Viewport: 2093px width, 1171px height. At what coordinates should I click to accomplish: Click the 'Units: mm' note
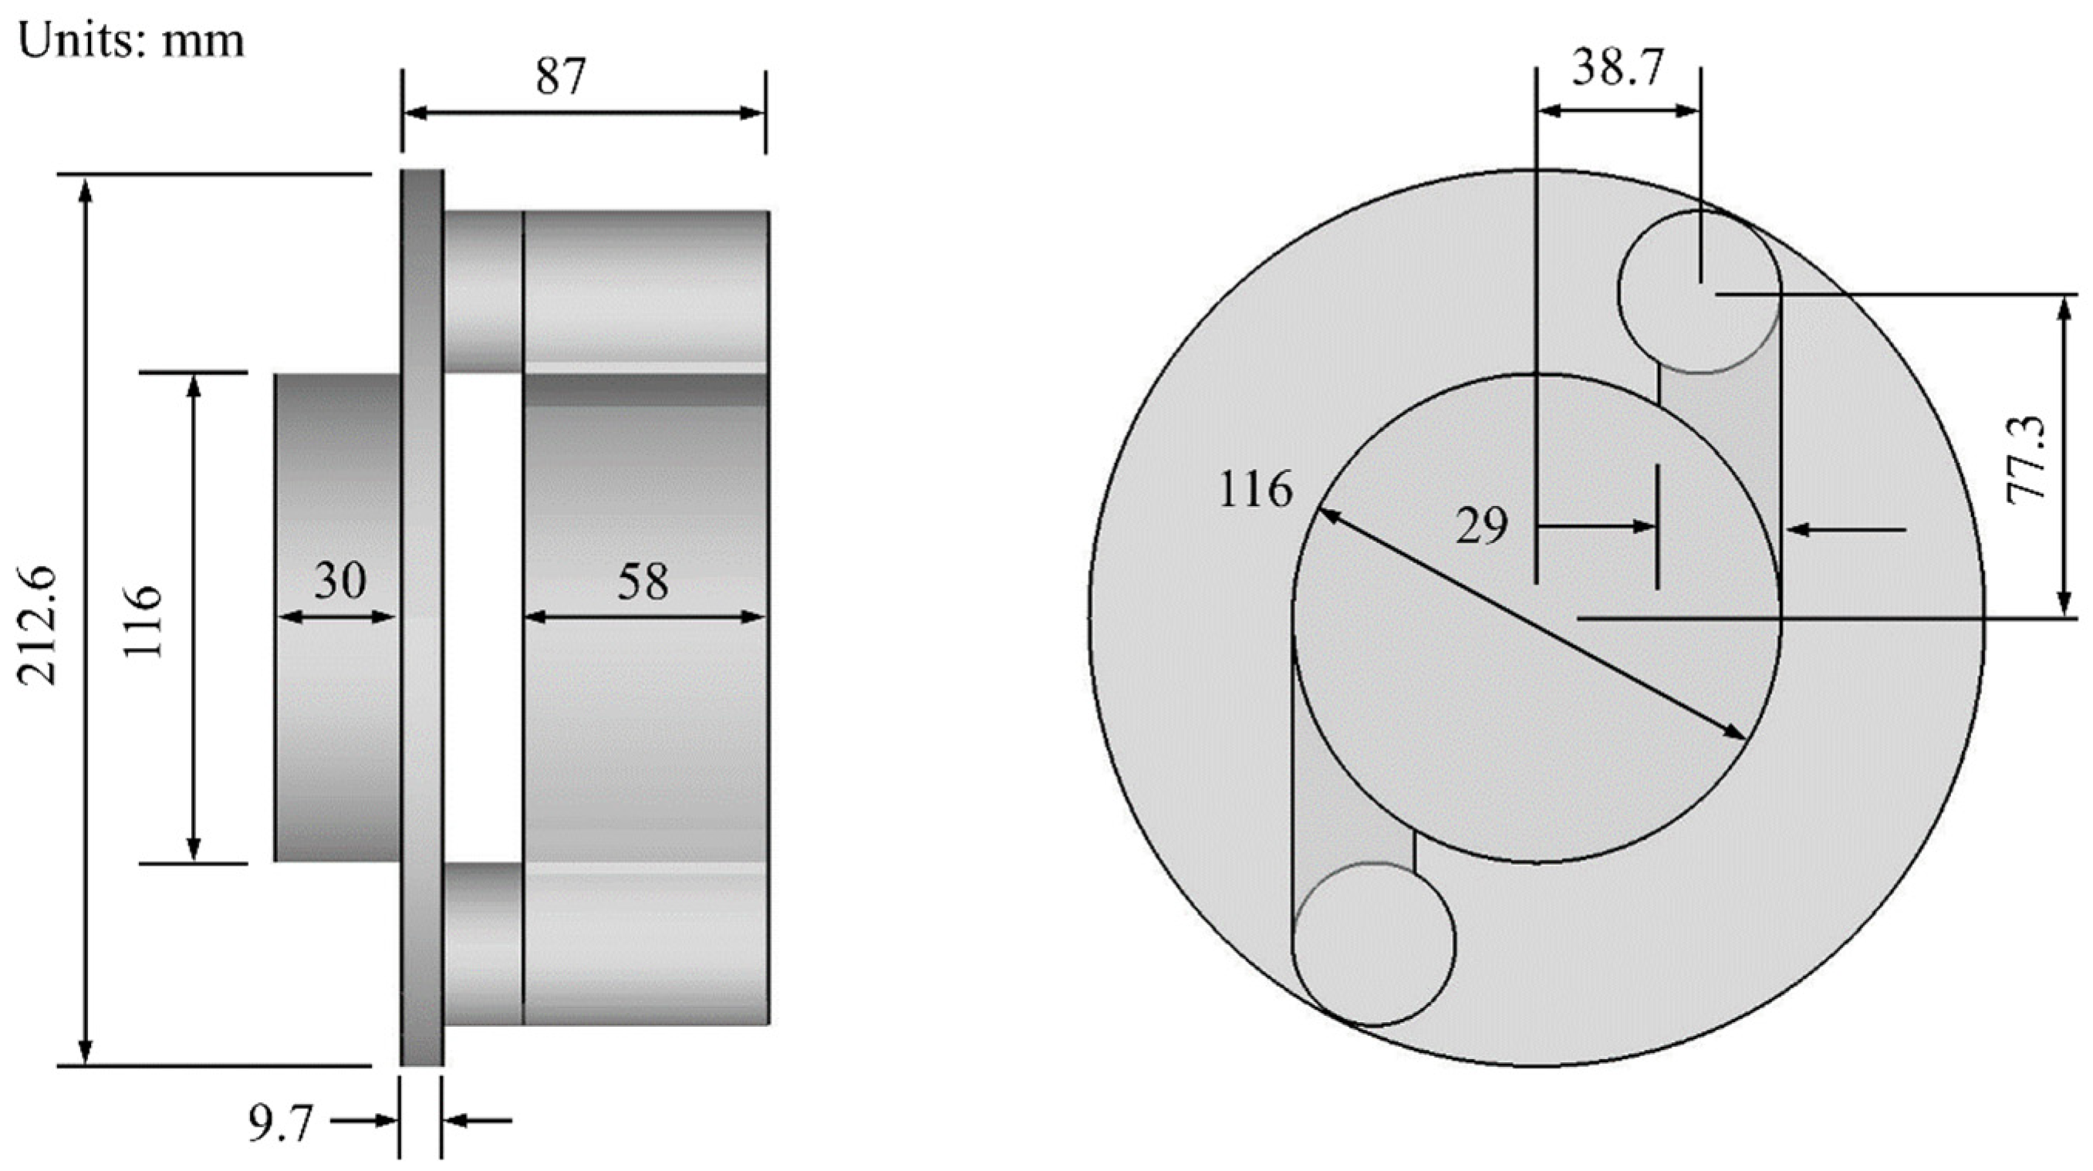[x=130, y=41]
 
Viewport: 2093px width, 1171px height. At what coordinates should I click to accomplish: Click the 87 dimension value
[x=561, y=78]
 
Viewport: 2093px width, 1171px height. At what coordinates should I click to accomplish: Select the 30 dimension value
[x=339, y=580]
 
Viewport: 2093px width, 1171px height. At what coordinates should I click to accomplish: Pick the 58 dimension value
[x=643, y=582]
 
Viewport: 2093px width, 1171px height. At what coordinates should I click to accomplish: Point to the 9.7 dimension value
[x=280, y=1125]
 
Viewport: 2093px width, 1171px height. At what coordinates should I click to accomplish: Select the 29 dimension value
[x=1481, y=527]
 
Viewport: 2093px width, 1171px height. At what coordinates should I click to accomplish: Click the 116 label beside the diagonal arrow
[x=1255, y=490]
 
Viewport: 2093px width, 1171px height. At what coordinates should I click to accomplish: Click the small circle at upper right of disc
[x=1700, y=292]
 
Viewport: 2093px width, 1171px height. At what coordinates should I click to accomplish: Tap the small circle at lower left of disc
[x=1373, y=943]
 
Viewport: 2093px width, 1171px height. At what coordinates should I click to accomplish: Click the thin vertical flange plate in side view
[x=422, y=618]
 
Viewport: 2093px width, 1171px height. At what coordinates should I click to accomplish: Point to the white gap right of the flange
[x=484, y=618]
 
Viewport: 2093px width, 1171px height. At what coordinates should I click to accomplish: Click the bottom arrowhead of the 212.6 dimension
[x=86, y=1052]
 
